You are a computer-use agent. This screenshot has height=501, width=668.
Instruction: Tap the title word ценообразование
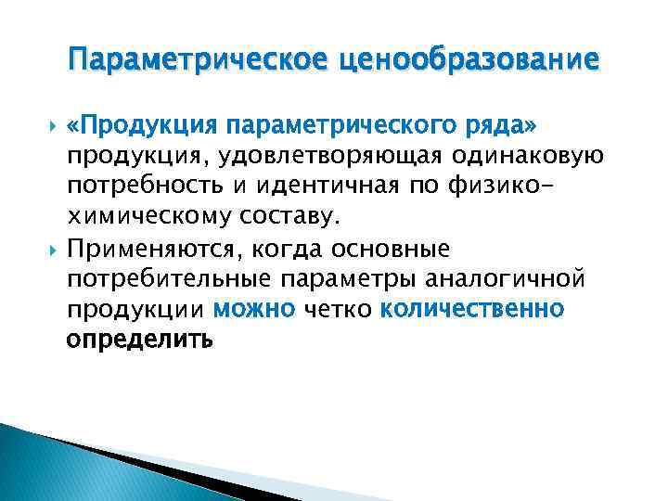pos(470,61)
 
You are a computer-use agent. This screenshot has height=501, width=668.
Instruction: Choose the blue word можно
pos(252,308)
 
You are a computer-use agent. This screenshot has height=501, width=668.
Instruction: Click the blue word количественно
pos(470,308)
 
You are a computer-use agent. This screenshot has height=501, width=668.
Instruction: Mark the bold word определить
pos(139,340)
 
